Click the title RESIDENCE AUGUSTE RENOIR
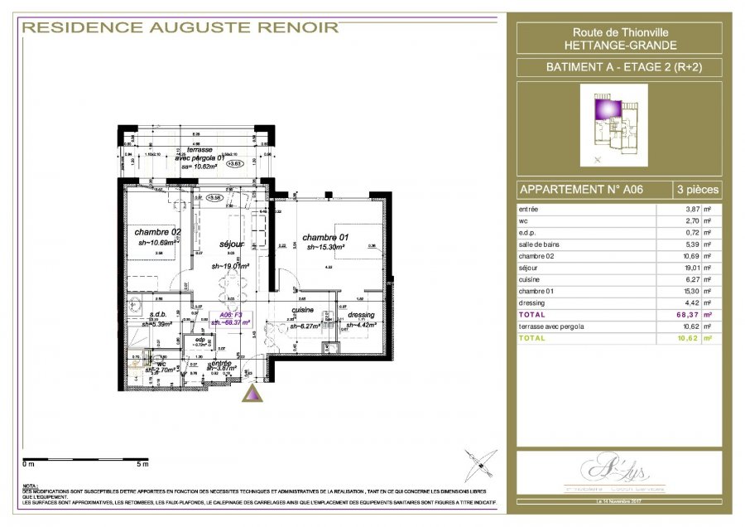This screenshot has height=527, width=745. point(180,27)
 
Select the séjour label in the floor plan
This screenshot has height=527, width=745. point(231,244)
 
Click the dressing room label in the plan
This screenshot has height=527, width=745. point(361,315)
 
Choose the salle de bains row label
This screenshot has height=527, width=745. point(540,245)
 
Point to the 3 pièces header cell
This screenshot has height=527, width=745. point(696,189)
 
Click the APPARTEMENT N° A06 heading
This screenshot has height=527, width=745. point(580,189)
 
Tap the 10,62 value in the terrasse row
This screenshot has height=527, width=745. point(688,326)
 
